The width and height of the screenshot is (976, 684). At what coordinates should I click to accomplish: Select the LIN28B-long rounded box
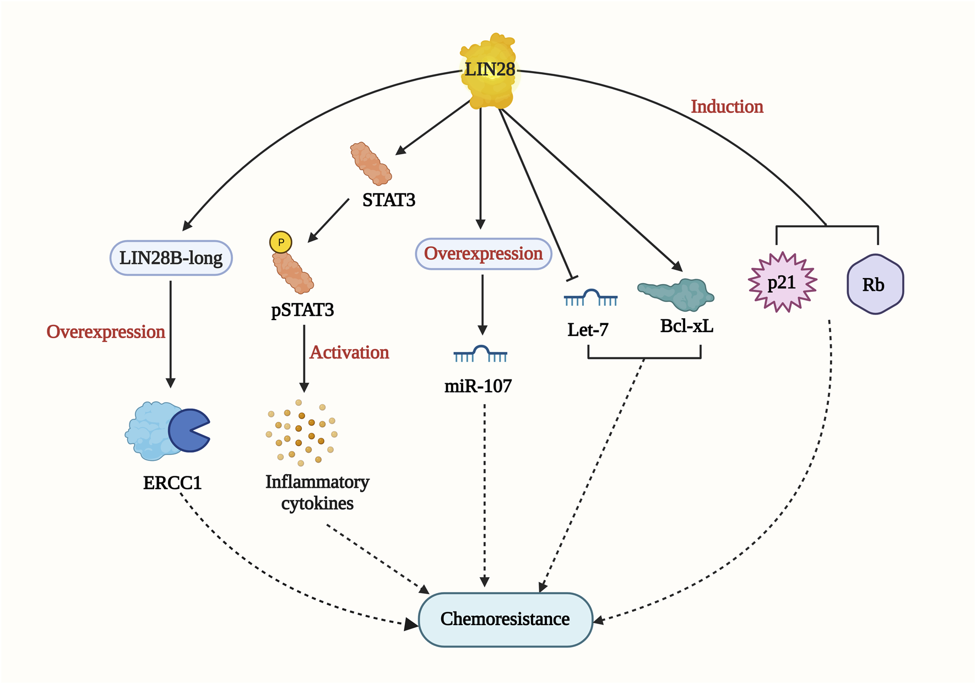171,258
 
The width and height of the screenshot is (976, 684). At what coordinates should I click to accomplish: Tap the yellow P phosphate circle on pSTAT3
280,242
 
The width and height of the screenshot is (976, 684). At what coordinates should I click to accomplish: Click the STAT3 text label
389,200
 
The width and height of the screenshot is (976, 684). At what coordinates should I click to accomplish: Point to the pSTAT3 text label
302,310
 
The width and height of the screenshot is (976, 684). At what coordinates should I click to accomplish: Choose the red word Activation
349,352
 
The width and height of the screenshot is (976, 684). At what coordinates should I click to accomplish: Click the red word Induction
727,107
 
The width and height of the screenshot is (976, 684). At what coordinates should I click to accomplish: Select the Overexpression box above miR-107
483,254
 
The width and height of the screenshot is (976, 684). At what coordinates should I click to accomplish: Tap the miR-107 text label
478,386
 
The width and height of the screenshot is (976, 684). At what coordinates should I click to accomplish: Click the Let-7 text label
588,330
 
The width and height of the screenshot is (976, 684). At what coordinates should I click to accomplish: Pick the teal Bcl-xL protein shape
677,294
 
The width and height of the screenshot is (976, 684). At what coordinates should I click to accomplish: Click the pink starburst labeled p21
782,283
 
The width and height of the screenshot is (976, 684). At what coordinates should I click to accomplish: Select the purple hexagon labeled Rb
875,284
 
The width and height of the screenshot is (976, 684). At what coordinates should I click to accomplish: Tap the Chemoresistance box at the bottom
505,619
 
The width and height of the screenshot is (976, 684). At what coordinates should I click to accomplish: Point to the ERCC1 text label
172,483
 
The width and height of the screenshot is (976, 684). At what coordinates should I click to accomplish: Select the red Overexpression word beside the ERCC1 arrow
106,332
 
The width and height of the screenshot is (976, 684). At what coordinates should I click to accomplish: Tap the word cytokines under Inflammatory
317,503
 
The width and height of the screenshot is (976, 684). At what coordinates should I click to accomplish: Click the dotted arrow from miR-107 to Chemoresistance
485,496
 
